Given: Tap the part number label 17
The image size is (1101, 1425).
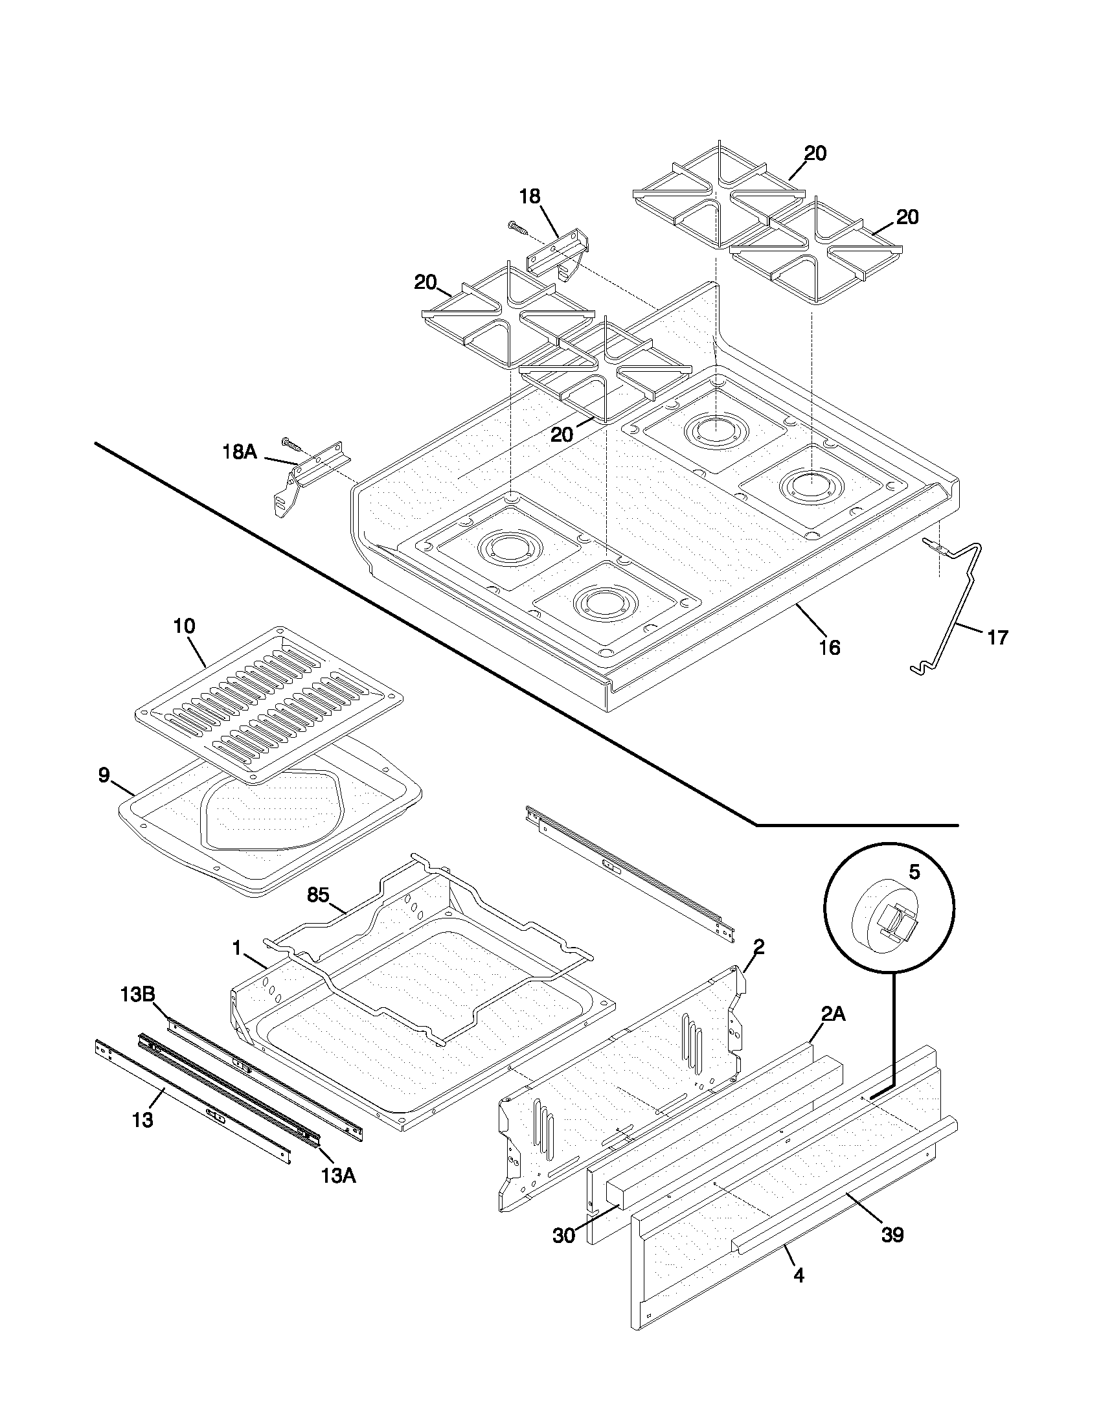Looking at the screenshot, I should [x=997, y=637].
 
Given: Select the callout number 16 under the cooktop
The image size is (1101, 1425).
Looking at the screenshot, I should [x=830, y=647].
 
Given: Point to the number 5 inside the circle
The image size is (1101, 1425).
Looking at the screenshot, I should [x=914, y=872].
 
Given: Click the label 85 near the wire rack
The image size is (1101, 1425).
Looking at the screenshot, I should [x=317, y=895].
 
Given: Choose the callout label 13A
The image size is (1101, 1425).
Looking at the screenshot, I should [x=338, y=1176].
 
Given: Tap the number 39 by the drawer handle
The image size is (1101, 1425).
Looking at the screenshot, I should [x=892, y=1235].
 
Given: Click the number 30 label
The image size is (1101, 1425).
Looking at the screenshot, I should [x=563, y=1236].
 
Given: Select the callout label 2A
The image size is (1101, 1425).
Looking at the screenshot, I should [x=833, y=1013].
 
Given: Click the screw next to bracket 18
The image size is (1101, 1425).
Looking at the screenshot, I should [x=519, y=228].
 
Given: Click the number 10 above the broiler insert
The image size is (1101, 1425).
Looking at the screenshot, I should [x=184, y=626].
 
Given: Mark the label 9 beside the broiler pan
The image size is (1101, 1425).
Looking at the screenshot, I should [x=104, y=776].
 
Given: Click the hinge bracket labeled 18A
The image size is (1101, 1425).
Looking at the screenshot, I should [x=306, y=477].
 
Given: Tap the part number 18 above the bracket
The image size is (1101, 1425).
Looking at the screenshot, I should [x=530, y=196].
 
